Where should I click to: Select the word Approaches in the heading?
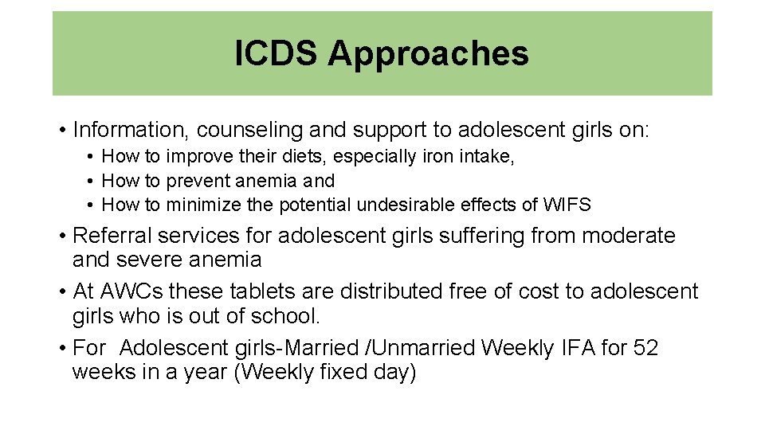(x=428, y=54)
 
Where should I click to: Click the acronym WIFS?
(x=567, y=205)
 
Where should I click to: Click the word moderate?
(x=630, y=236)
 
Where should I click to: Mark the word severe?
(x=152, y=260)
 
